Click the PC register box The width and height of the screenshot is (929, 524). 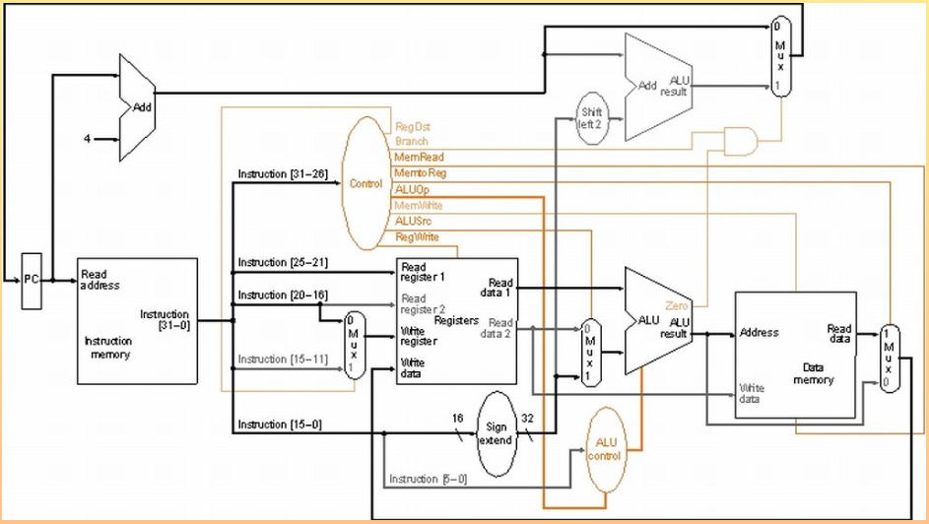[x=32, y=280]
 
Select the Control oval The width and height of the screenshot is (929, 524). [x=365, y=183]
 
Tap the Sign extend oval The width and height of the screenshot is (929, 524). [x=496, y=433]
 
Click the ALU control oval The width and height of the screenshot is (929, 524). [x=605, y=450]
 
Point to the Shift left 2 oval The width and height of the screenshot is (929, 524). [x=592, y=117]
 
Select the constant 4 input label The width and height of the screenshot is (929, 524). [x=87, y=139]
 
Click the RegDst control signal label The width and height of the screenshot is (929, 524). [x=412, y=127]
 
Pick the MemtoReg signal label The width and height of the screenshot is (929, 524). [x=416, y=172]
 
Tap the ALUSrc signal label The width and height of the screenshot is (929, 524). [x=412, y=221]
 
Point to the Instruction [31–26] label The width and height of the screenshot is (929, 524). [x=283, y=174]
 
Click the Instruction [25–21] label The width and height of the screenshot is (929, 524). [x=283, y=262]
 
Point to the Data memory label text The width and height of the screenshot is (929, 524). [x=814, y=373]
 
